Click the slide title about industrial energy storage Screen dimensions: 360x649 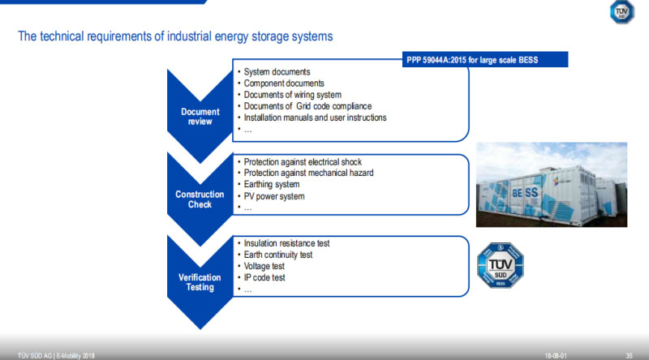[x=175, y=37]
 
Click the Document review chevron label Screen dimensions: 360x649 [x=196, y=116]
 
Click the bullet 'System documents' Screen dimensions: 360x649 [x=277, y=72]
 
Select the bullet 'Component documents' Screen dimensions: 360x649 [x=284, y=84]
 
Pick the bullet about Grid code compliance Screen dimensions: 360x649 [x=307, y=106]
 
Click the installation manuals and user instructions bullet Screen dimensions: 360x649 [x=315, y=118]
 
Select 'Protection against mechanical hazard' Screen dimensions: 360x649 [x=309, y=173]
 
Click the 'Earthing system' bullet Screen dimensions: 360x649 [x=272, y=184]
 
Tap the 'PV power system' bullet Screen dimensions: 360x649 [x=273, y=195]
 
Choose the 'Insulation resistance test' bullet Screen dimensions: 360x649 [x=286, y=243]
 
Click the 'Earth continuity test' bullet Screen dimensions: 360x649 [x=278, y=255]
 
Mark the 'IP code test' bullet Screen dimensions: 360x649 [x=266, y=277]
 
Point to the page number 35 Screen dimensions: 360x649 [x=630, y=354]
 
